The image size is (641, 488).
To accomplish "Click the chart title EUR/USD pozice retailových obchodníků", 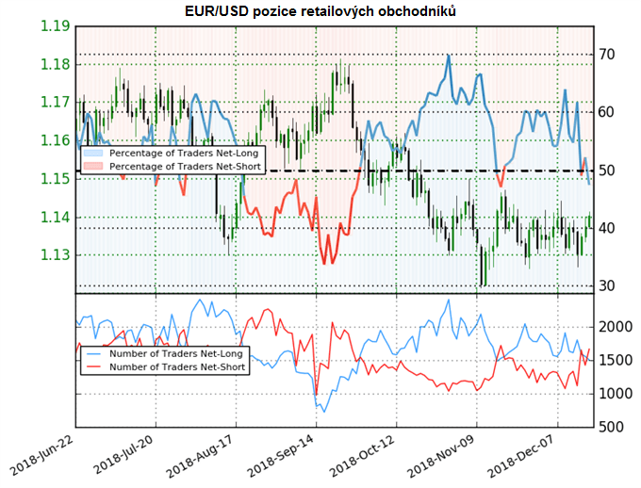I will point(320,10).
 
